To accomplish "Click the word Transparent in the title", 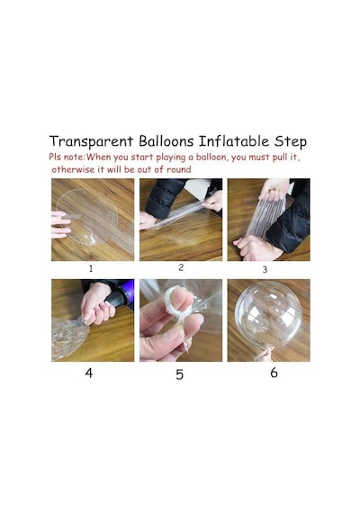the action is (x=91, y=141).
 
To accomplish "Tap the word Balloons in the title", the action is (x=166, y=141).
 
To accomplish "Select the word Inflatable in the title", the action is (x=234, y=141).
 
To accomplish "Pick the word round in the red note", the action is (x=179, y=169).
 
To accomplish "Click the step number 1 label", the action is (x=91, y=268).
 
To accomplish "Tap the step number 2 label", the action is (x=181, y=267).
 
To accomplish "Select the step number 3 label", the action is (x=265, y=270).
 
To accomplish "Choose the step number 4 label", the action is (x=89, y=373).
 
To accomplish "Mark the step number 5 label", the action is (x=180, y=374).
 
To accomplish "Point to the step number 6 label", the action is (x=274, y=373).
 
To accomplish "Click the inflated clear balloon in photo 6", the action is (x=268, y=313).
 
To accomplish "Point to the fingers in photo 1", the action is (x=61, y=224).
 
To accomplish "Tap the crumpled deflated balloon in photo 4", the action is (x=69, y=337).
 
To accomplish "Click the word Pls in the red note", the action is (x=55, y=157).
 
